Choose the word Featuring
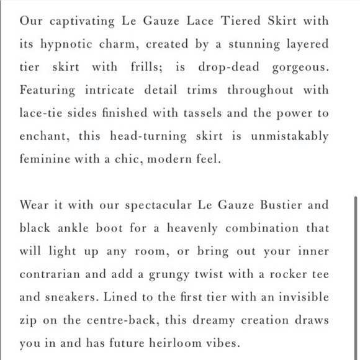click(47, 90)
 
